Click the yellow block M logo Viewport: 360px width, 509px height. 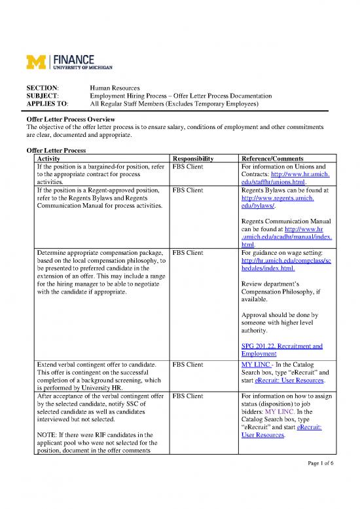point(33,62)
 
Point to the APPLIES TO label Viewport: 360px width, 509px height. point(45,104)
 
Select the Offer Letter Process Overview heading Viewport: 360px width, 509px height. point(70,120)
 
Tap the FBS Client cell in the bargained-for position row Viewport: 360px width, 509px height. point(189,167)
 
